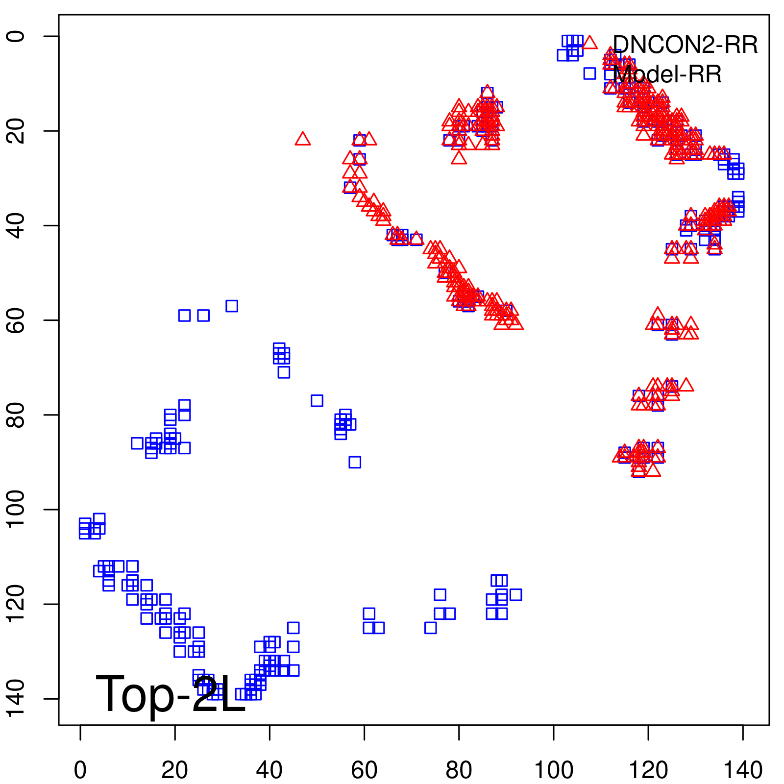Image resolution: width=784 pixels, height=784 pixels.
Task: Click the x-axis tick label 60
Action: [x=364, y=770]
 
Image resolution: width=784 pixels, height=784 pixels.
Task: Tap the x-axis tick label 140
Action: [x=743, y=770]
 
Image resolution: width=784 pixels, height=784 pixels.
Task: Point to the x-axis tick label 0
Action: [x=80, y=770]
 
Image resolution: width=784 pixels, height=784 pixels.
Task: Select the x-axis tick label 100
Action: [x=553, y=770]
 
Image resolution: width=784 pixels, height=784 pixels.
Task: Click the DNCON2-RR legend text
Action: [x=685, y=45]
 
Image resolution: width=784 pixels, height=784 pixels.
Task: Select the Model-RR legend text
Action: [x=667, y=74]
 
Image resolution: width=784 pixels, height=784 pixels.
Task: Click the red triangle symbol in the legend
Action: [x=589, y=43]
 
